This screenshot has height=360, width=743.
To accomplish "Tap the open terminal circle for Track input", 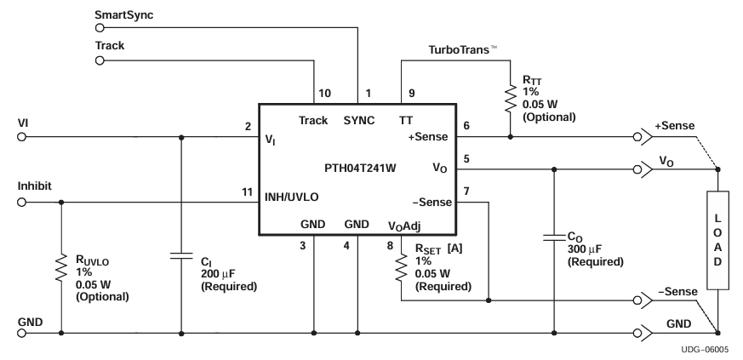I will [x=99, y=61].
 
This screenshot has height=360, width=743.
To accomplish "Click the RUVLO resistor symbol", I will [x=61, y=266].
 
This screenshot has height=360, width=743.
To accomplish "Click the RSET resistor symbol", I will [x=401, y=271].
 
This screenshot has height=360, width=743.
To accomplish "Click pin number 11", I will [x=248, y=193].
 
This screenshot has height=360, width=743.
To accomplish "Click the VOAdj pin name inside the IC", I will [x=405, y=225].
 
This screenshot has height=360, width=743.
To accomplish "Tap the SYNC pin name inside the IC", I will [x=359, y=120].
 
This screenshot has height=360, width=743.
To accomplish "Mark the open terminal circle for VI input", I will [x=21, y=135].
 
